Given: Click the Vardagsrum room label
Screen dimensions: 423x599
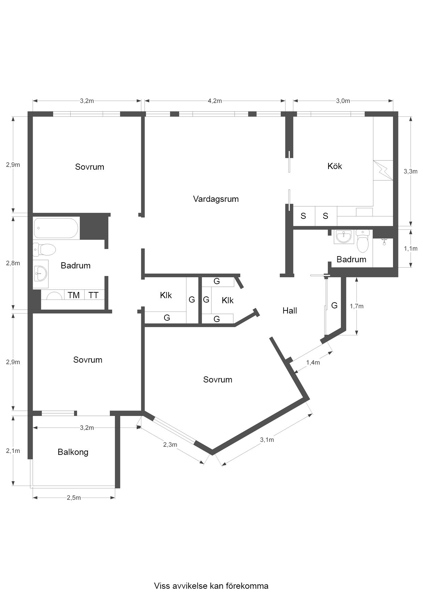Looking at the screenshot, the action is click(x=216, y=199).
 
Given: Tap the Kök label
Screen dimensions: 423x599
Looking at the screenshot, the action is click(x=335, y=166).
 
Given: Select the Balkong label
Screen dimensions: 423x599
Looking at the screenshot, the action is click(x=73, y=452).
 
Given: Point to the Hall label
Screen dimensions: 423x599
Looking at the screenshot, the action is click(x=290, y=310).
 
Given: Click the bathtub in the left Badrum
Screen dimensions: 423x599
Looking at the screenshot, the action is click(x=56, y=228).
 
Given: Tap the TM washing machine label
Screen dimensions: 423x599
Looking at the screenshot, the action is click(x=74, y=295).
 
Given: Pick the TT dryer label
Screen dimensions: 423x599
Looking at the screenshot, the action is click(x=93, y=295).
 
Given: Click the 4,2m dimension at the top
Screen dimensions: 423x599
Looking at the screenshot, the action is click(x=215, y=101).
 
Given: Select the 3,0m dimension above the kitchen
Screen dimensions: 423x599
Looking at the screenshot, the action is click(x=343, y=101).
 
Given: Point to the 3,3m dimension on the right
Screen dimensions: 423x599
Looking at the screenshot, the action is click(x=411, y=171).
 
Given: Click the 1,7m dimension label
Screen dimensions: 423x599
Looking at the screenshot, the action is click(x=357, y=306).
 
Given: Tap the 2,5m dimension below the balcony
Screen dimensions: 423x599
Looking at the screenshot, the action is click(x=74, y=498).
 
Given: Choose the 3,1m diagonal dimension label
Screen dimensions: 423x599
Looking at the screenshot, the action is click(x=267, y=440).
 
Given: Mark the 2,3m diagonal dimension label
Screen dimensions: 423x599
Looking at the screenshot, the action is click(x=170, y=445).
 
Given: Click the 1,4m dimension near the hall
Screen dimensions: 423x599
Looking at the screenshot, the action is click(x=313, y=362).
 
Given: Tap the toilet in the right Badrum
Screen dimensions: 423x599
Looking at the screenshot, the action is click(x=363, y=240).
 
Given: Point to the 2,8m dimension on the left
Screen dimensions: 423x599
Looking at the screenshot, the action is click(x=13, y=263).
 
